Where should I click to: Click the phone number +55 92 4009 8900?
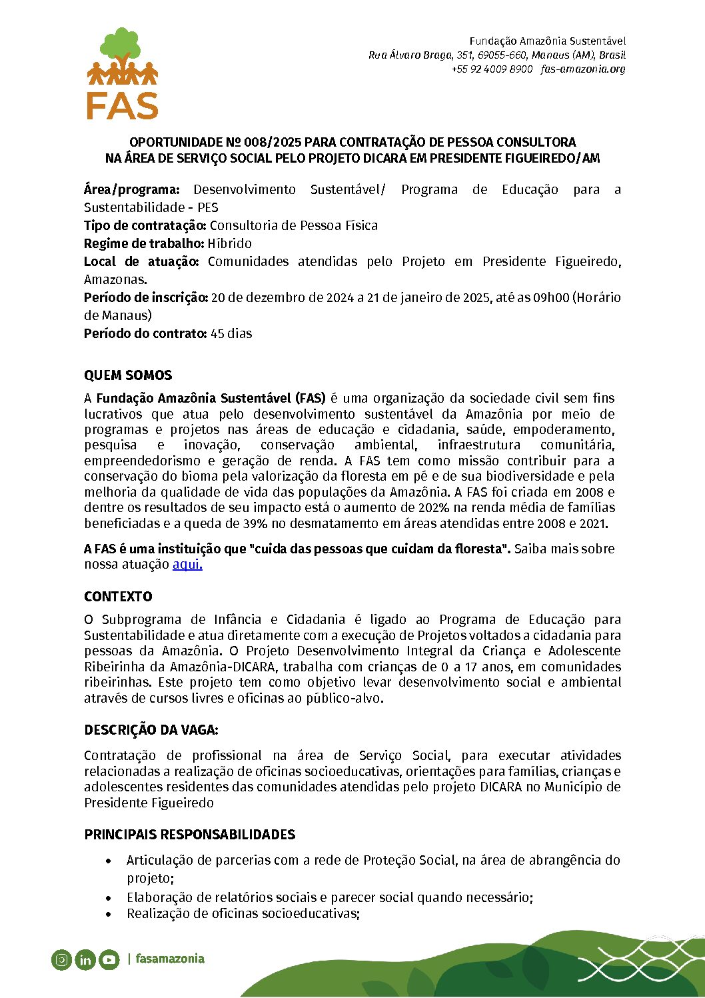click(x=492, y=69)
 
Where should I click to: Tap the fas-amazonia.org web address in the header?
click(x=583, y=69)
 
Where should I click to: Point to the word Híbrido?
click(x=229, y=243)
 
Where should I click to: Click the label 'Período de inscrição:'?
click(x=146, y=297)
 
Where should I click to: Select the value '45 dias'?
click(x=231, y=333)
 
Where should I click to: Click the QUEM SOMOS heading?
click(x=128, y=375)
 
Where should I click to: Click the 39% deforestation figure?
click(x=256, y=523)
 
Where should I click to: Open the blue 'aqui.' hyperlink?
click(x=187, y=564)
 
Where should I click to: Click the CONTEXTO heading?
click(x=118, y=597)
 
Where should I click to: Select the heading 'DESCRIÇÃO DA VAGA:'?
click(x=151, y=730)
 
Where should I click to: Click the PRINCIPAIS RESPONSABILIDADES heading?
click(x=189, y=835)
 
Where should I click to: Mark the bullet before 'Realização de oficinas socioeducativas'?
click(x=109, y=914)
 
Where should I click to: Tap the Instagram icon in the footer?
click(x=61, y=960)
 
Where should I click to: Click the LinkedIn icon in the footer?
click(x=85, y=960)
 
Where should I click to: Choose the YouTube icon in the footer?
click(x=109, y=960)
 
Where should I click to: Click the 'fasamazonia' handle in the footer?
click(x=170, y=959)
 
